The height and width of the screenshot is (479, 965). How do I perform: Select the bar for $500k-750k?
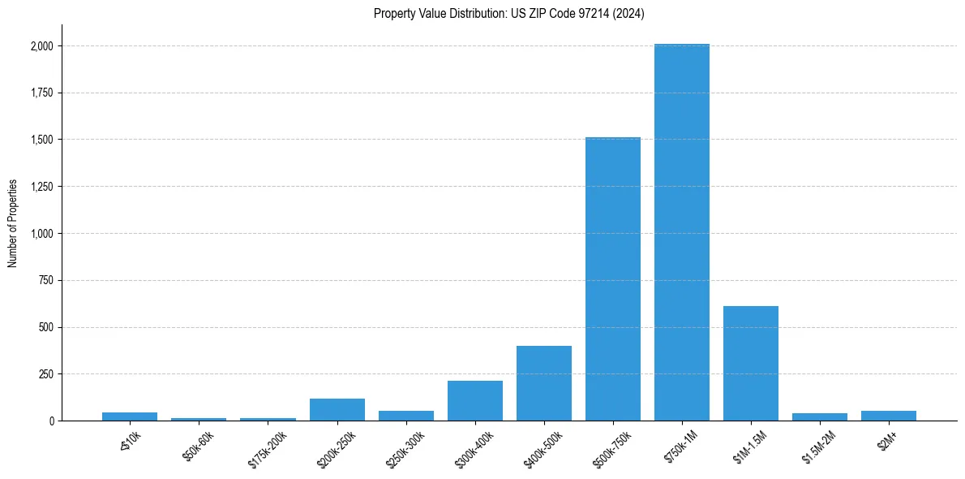613,279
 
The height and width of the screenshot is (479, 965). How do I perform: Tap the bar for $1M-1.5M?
751,363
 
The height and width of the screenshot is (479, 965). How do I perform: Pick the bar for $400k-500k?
544,383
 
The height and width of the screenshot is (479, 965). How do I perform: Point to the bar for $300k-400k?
475,401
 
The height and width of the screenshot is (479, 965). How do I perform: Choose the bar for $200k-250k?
337,410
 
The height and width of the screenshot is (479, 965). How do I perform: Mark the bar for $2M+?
889,416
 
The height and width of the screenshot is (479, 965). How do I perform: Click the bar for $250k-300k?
406,416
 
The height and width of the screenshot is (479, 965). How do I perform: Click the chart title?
509,13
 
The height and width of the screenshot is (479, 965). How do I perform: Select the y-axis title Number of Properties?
13,222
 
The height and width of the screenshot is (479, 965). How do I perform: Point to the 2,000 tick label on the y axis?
42,46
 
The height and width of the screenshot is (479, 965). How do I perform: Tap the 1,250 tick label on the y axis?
42,187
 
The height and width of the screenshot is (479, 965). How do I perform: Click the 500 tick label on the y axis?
47,327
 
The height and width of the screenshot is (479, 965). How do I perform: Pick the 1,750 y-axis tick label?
42,93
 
